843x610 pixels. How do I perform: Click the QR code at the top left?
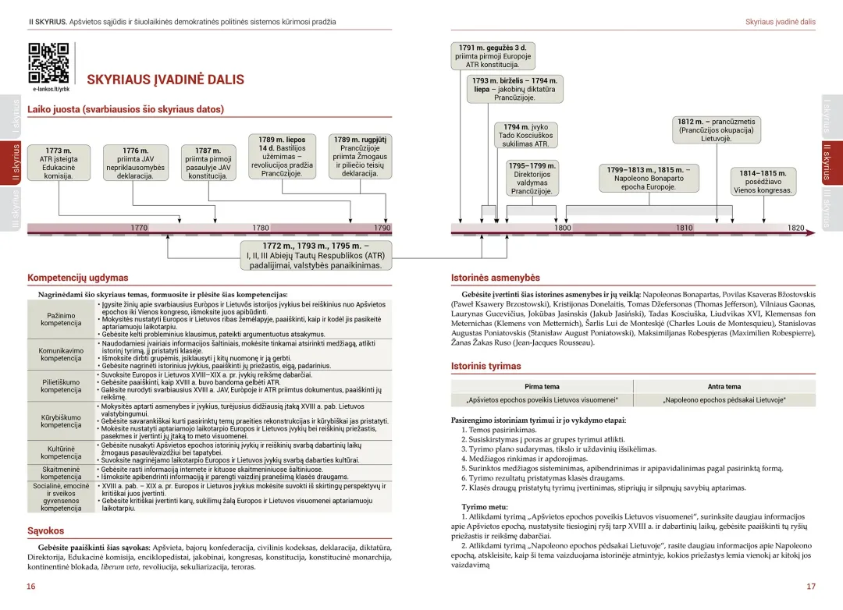49,63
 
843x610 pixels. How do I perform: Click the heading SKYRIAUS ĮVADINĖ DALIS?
165,80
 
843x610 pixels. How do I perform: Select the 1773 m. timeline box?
59,163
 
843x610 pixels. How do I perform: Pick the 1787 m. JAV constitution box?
208,163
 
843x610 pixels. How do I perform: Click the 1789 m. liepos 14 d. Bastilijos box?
281,157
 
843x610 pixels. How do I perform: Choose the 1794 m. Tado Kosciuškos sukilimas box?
526,136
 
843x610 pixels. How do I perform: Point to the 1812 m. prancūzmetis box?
717,130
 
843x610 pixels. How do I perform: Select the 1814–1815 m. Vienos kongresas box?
763,182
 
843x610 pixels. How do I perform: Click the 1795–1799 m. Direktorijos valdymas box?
532,178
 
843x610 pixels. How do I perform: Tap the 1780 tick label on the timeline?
261,228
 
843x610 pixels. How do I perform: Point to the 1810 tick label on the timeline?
685,228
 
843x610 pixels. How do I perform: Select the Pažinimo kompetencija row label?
61,319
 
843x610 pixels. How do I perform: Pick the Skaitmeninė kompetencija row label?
61,473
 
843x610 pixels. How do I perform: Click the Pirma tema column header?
542,386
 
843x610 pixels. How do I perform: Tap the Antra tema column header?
724,386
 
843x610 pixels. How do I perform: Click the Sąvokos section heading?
45,530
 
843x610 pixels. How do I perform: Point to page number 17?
811,587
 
